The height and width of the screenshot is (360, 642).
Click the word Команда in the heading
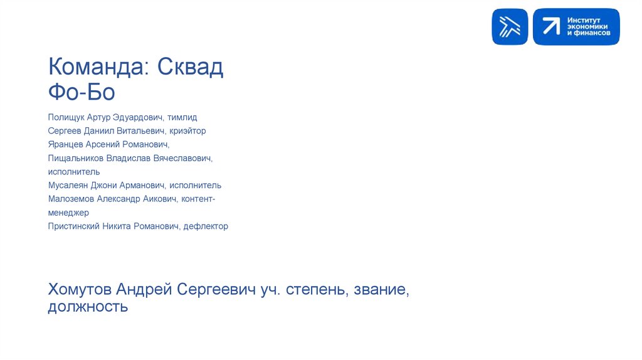[97, 67]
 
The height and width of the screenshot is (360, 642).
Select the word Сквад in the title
[191, 67]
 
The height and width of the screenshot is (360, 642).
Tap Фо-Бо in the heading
[82, 92]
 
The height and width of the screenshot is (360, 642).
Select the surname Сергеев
[64, 131]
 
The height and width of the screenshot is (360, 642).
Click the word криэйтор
[187, 131]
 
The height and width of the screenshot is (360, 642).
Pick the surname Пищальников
[75, 158]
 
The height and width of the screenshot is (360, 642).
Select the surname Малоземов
[71, 199]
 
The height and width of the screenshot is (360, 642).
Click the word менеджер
[68, 213]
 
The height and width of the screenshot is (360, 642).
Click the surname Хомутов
[79, 289]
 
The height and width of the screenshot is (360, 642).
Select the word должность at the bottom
[88, 307]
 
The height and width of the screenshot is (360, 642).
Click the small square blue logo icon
[510, 27]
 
